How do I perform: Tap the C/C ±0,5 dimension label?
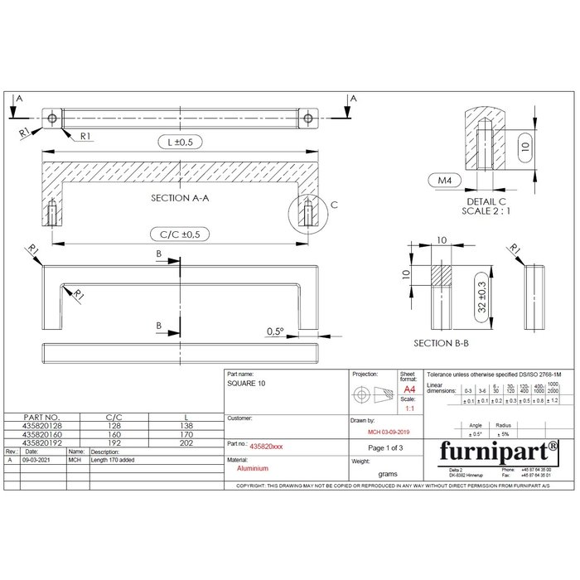click(179, 234)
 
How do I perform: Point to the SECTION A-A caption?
click(181, 199)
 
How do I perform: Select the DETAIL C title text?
click(486, 202)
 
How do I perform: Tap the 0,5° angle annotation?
click(275, 331)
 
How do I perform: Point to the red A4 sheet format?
click(408, 389)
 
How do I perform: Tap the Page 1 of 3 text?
click(384, 448)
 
